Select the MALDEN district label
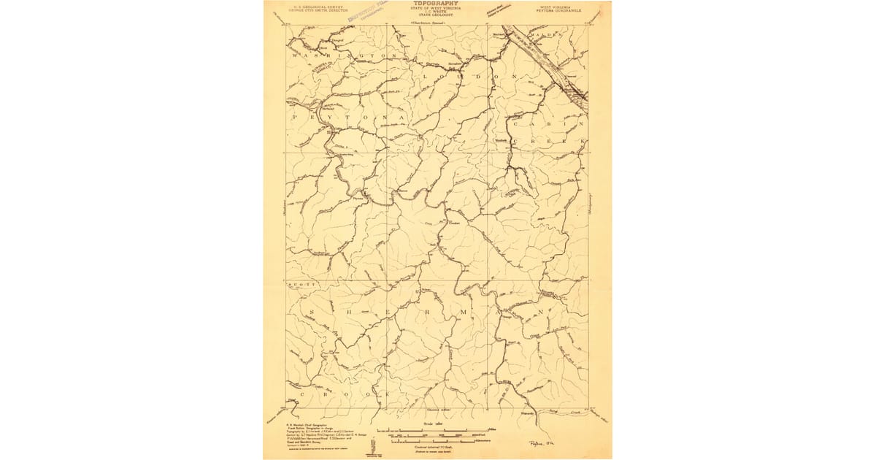(550, 35)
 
